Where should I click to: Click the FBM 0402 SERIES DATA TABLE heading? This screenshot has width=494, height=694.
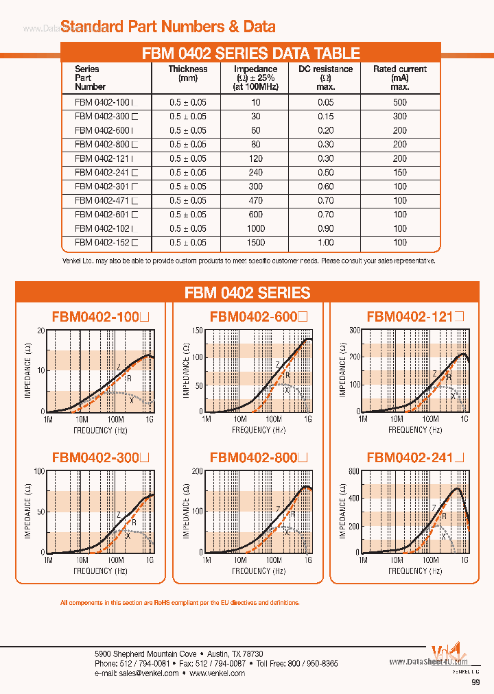click(250, 53)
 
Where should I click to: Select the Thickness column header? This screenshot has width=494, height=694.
click(188, 69)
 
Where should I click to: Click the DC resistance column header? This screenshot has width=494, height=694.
click(325, 69)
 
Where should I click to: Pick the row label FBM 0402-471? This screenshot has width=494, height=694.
click(102, 201)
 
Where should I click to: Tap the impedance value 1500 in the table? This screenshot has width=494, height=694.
click(255, 243)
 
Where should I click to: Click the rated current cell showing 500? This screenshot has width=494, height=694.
click(399, 102)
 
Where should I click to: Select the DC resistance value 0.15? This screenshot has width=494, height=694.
click(325, 117)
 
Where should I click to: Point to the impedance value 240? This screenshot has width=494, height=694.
click(255, 173)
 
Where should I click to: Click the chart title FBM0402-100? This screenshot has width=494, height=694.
click(99, 318)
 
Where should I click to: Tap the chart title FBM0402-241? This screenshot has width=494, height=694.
click(416, 457)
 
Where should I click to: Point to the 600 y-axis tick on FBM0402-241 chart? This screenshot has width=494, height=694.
click(354, 471)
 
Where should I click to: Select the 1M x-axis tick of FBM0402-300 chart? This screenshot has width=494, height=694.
click(48, 560)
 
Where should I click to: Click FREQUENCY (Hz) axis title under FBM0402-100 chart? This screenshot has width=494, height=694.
click(100, 430)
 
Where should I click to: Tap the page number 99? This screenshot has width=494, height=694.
click(475, 683)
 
